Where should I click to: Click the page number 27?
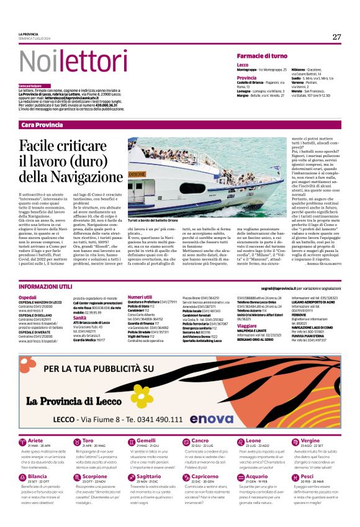336,37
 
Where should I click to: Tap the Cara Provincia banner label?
42,125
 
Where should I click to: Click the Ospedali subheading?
28,297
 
